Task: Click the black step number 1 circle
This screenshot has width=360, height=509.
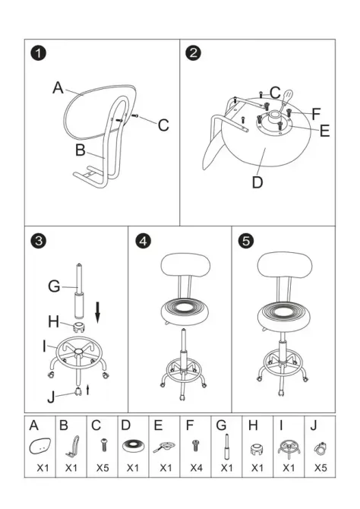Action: (39, 53)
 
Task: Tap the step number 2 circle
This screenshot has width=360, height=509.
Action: (194, 53)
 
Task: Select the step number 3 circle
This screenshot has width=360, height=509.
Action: (39, 241)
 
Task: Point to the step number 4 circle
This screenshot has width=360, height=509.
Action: (143, 241)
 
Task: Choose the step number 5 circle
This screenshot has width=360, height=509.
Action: (246, 241)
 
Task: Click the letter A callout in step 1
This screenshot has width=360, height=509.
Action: (58, 87)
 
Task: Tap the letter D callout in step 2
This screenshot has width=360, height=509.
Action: (257, 182)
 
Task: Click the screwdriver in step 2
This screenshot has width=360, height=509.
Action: (285, 100)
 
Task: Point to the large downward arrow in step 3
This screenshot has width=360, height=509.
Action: (98, 311)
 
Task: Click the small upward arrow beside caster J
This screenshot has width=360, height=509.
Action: (87, 390)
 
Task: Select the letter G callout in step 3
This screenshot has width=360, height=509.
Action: (54, 286)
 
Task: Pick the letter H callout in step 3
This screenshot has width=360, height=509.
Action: (54, 321)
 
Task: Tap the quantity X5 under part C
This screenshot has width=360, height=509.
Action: (103, 468)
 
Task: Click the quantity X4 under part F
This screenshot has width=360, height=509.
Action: (196, 468)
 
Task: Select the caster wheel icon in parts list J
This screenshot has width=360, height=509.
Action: (320, 448)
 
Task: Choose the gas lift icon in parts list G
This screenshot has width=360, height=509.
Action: (226, 447)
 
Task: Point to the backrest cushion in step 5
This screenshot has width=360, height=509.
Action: (285, 264)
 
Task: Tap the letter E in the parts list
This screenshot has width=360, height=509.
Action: (159, 425)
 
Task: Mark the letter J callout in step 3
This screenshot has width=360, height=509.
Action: (51, 397)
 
